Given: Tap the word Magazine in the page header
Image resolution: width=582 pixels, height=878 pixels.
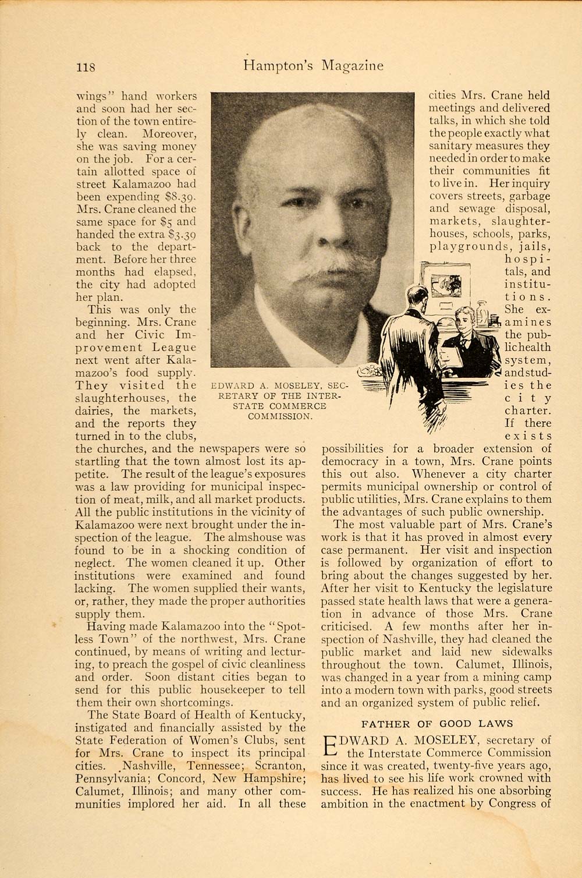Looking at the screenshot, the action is tap(352, 66).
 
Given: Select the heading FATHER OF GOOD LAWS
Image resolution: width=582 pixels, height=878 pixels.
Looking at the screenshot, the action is tap(437, 724).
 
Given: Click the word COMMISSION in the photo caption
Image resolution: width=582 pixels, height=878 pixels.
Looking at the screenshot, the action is tap(280, 416).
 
